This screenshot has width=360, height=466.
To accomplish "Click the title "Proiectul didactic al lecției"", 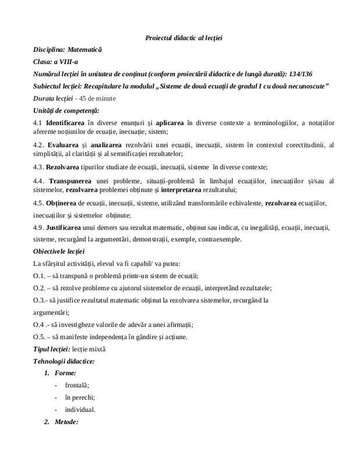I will click(183, 38).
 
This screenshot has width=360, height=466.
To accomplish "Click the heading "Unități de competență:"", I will click(66, 110).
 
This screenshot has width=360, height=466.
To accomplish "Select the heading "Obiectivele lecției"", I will click(59, 252).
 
